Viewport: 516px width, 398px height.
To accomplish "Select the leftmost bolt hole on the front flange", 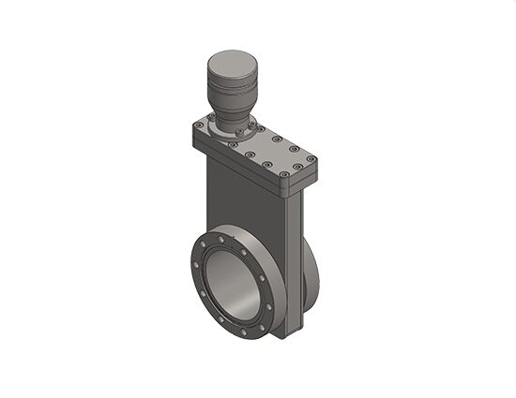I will pyautogui.click(x=195, y=265).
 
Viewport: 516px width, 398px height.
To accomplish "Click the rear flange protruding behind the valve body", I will pyautogui.click(x=311, y=272).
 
